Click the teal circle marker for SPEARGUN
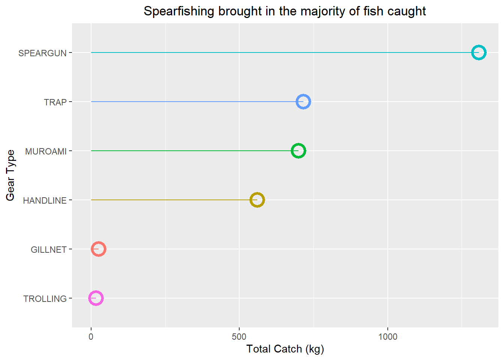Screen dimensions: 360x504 [x=478, y=52]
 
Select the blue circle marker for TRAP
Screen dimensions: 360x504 [x=303, y=102]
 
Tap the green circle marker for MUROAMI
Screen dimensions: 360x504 [x=298, y=151]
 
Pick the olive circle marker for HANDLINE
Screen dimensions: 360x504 [x=257, y=200]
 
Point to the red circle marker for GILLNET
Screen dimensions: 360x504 [x=98, y=249]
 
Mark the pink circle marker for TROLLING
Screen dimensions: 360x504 [x=96, y=298]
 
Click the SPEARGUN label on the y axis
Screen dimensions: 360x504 [x=42, y=53]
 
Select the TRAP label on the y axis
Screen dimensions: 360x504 [x=55, y=102]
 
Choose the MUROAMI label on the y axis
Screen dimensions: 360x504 [x=46, y=151]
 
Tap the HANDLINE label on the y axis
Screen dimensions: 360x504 [x=45, y=201]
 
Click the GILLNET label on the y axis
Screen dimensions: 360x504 [x=48, y=250]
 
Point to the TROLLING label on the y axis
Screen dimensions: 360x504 [x=45, y=299]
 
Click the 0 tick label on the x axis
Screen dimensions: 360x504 [x=91, y=337]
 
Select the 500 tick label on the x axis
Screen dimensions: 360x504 [x=239, y=337]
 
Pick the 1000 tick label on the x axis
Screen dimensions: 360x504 [x=388, y=337]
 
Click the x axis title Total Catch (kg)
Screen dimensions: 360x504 [x=285, y=349]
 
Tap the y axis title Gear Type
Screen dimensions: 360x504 [x=10, y=175]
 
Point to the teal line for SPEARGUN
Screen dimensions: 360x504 [x=281, y=52]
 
